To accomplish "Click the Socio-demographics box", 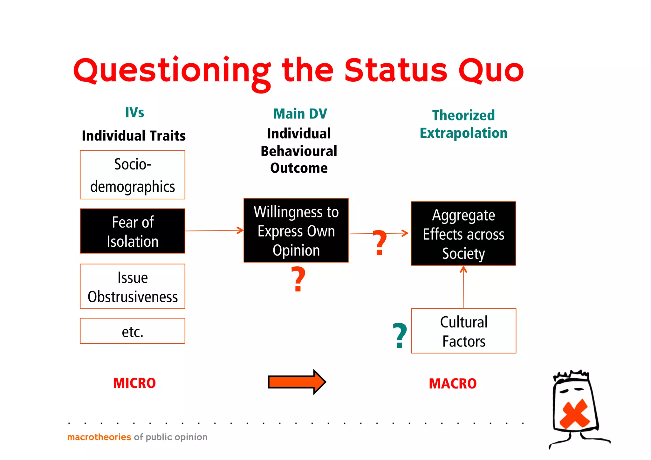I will point(132,175).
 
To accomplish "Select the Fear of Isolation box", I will point(132,231).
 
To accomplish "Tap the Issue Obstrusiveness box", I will point(132,286).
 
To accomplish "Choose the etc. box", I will point(132,331).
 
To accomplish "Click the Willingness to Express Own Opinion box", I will point(296,230).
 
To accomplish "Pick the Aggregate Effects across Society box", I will point(463,234).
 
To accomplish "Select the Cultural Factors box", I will point(463,331).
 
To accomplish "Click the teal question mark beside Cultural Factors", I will point(400,335).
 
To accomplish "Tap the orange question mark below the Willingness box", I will point(298,279).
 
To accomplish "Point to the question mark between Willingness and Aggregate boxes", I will point(380,243).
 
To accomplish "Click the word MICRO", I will point(134,383).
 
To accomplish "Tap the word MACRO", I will point(453,384).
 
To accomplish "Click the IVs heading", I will point(134,113).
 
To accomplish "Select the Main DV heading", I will point(300,114).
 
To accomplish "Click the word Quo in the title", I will point(491,70).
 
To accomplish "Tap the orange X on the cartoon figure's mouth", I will point(574,414).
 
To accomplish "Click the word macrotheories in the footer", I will point(99,437).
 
